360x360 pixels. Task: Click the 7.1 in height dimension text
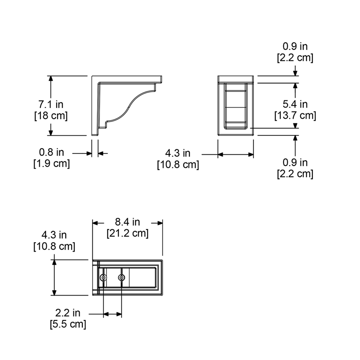51,104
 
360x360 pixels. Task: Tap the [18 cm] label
51,116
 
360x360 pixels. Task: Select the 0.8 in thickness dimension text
51,152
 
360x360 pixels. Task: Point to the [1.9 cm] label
52,163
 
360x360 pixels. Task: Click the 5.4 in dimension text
295,104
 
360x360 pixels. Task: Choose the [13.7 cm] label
295,115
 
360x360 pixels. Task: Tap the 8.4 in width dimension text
127,222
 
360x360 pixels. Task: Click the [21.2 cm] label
128,233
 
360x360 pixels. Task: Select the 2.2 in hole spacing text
68,313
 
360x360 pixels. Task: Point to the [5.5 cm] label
68,324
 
